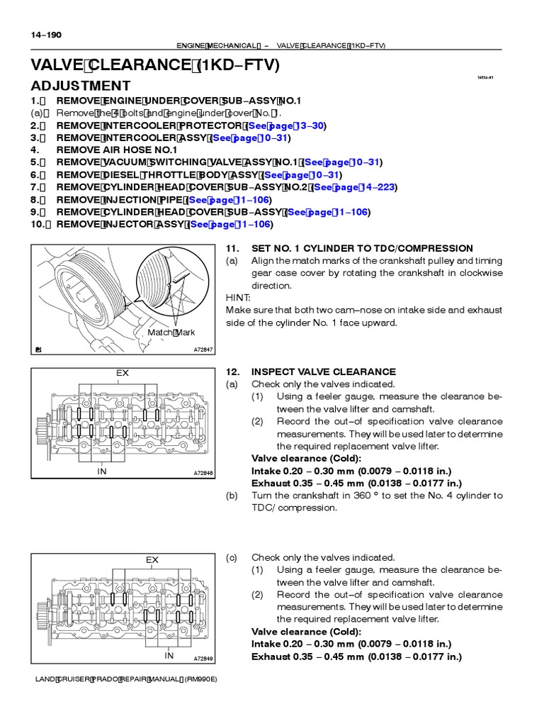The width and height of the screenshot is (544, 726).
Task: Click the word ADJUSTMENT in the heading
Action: [81, 86]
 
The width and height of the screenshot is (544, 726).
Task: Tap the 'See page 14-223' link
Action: [354, 187]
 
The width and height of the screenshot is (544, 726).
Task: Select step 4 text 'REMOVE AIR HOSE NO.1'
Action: [116, 150]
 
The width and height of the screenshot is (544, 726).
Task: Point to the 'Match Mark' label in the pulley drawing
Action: [171, 333]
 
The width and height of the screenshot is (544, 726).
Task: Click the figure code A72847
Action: [203, 350]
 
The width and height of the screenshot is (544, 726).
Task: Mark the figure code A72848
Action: [203, 474]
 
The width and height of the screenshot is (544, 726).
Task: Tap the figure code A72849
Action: [203, 659]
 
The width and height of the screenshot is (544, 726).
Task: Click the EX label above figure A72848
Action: [123, 372]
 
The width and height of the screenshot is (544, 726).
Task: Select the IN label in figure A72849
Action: [169, 656]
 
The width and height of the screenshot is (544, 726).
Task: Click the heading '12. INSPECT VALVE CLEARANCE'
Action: [310, 372]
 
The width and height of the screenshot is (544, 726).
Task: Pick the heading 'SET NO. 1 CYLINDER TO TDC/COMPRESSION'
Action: [349, 248]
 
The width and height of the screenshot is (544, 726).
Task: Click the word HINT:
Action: [239, 298]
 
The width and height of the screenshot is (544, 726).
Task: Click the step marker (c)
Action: [231, 558]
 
